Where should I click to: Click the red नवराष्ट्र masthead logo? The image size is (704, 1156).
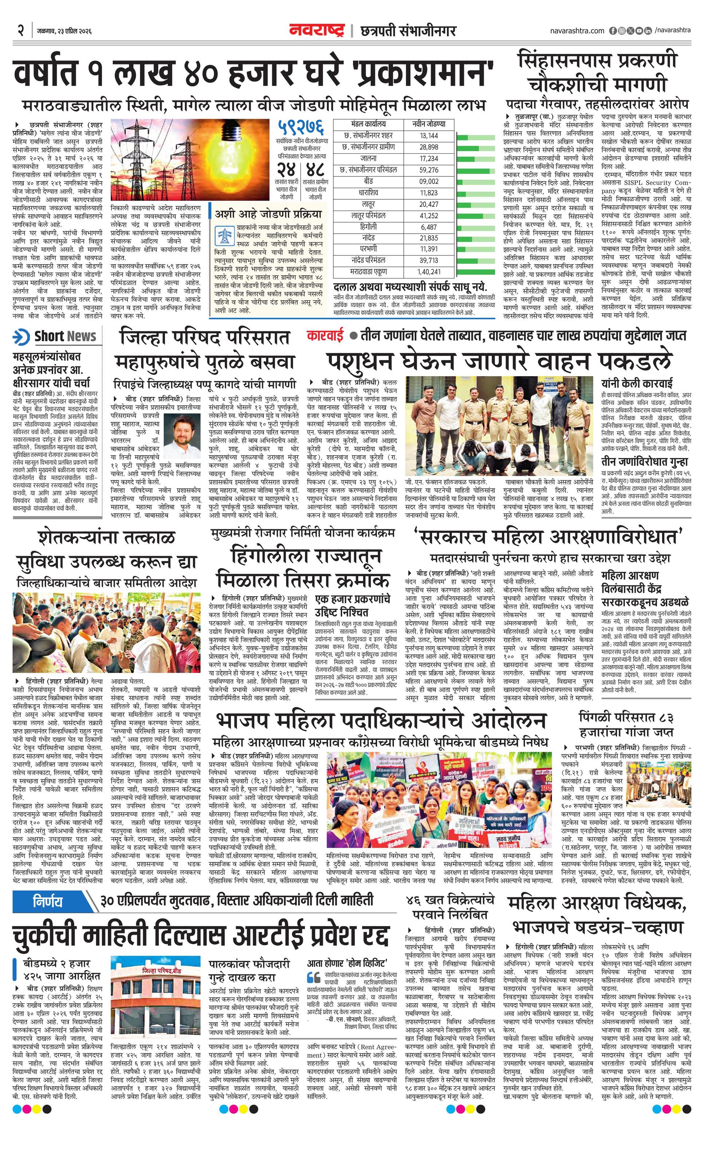[x=317, y=31]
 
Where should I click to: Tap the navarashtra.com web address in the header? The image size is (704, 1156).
[x=577, y=31]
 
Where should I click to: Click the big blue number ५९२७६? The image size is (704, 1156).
[x=300, y=127]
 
